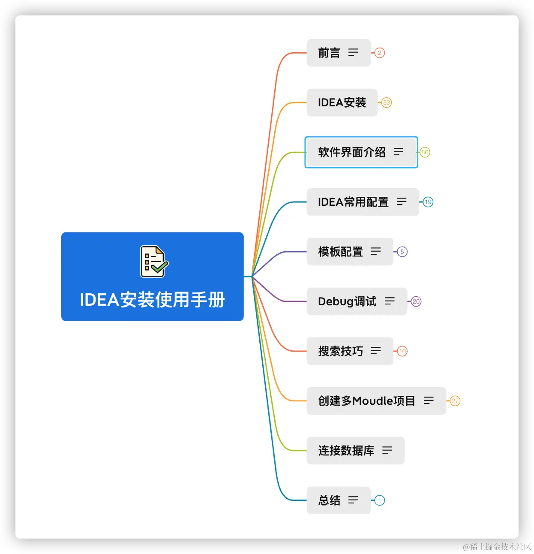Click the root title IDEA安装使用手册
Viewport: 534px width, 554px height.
coord(152,300)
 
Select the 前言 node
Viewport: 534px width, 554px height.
coord(329,53)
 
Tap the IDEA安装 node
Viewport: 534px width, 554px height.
coord(342,102)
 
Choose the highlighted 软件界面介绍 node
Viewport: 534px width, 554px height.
coord(352,152)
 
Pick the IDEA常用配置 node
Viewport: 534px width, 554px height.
coord(353,202)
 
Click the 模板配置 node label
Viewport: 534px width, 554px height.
coord(341,252)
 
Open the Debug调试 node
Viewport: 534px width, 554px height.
coord(347,301)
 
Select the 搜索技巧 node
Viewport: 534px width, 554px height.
coord(341,351)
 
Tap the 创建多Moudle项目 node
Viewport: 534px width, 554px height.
coord(366,401)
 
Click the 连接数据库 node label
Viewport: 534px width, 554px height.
coord(346,451)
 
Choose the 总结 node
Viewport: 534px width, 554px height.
coord(329,500)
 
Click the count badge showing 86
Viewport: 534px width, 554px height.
coord(425,152)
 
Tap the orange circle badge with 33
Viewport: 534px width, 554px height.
coord(387,102)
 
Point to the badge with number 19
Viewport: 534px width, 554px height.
coord(428,202)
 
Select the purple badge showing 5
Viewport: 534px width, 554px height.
coord(402,252)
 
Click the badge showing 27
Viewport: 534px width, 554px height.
coord(455,401)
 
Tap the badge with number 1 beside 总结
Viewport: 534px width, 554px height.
coord(380,500)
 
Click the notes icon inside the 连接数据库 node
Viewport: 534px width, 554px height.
coord(387,450)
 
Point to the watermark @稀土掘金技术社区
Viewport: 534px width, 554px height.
coord(496,546)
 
